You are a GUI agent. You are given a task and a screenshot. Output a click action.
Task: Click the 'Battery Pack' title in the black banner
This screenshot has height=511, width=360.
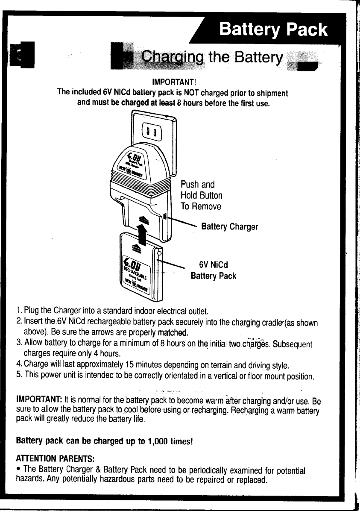pos(273,30)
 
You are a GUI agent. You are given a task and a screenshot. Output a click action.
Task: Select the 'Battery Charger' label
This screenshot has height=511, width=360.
pos(230,226)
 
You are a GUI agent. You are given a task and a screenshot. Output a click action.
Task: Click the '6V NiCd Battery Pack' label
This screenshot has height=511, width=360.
pos(214,270)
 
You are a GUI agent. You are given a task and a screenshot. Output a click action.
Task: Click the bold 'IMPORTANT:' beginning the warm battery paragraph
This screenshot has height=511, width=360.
pos(39,402)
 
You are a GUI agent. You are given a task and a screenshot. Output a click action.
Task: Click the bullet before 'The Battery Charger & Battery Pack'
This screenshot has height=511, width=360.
pos(18,470)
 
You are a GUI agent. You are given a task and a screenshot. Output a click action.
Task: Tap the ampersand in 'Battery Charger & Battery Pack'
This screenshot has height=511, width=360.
pos(99,470)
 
